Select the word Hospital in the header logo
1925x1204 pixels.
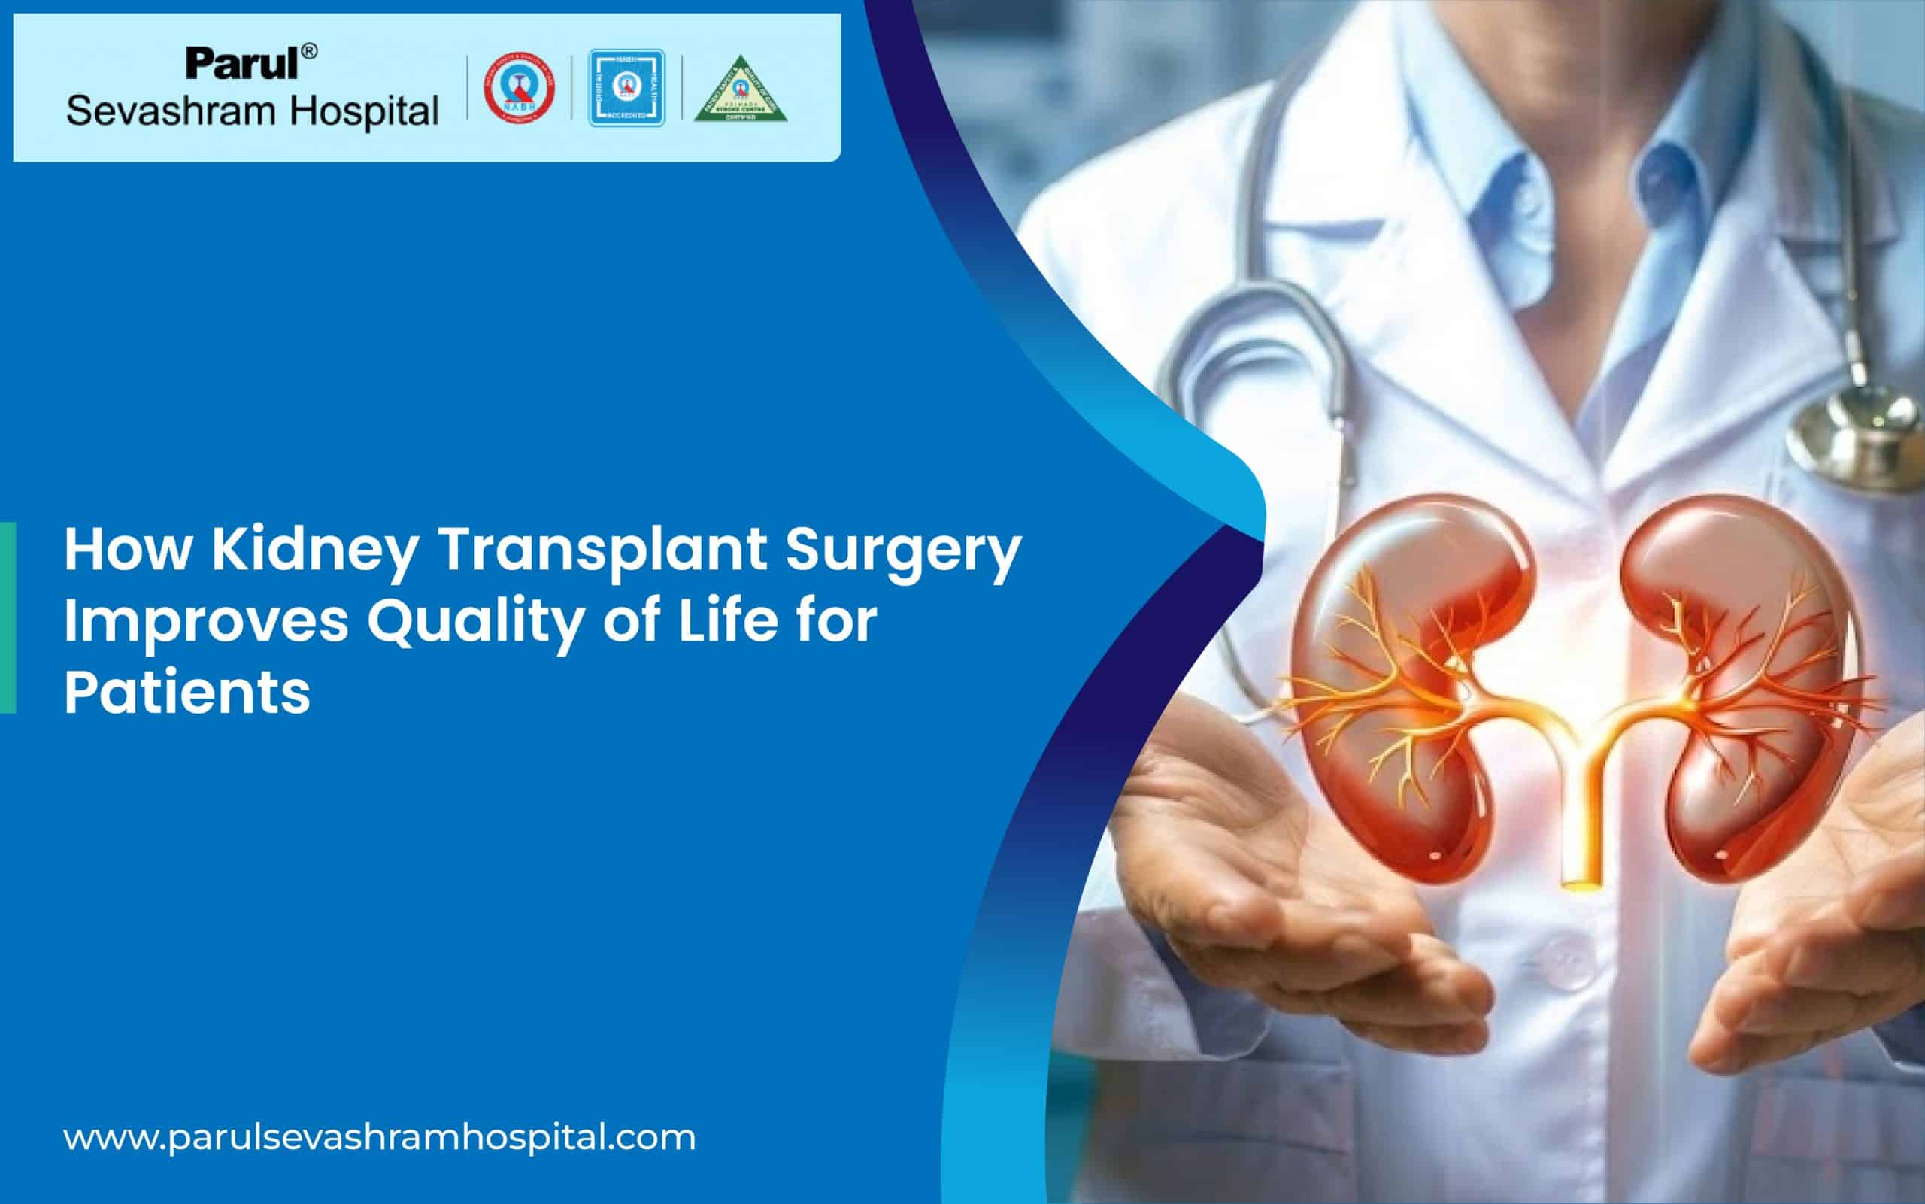pos(363,111)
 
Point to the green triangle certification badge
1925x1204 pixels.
pos(741,91)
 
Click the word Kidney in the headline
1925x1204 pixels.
pos(313,552)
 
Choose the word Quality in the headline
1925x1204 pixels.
pos(474,622)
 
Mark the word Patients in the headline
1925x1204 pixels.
pos(187,692)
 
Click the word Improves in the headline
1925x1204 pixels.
pos(206,622)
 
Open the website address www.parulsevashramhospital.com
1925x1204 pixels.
pos(379,1137)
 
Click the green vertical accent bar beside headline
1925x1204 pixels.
pos(8,617)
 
